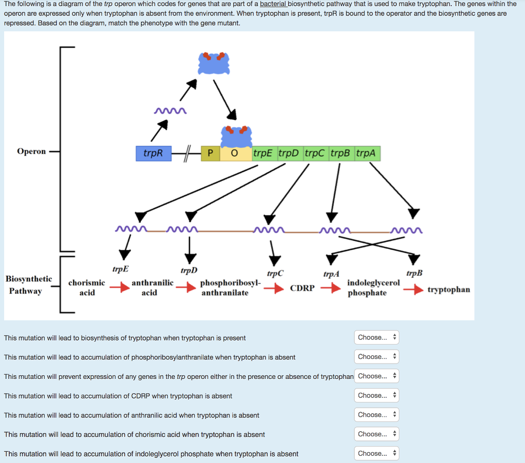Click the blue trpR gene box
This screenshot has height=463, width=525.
pyautogui.click(x=153, y=153)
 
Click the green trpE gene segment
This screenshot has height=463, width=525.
pyautogui.click(x=264, y=153)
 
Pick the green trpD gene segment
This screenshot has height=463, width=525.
pyautogui.click(x=290, y=153)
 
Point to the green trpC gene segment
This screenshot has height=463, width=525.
pyautogui.click(x=316, y=153)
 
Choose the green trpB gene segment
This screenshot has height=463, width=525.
pyautogui.click(x=341, y=153)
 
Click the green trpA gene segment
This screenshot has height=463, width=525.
pyautogui.click(x=367, y=153)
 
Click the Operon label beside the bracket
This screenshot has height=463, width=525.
pyautogui.click(x=31, y=151)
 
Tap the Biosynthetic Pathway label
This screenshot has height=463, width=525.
pyautogui.click(x=28, y=285)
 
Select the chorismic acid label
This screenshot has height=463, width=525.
pyautogui.click(x=87, y=288)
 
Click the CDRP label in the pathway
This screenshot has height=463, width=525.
pyautogui.click(x=302, y=288)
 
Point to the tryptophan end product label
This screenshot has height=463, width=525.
pyautogui.click(x=449, y=290)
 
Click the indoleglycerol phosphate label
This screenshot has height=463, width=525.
pyautogui.click(x=373, y=288)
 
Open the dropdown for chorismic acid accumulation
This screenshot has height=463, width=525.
pyautogui.click(x=376, y=434)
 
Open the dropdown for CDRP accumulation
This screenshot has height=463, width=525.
pyautogui.click(x=376, y=395)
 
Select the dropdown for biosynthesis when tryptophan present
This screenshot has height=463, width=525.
pyautogui.click(x=376, y=337)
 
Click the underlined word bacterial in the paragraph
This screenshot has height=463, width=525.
pyautogui.click(x=273, y=4)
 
